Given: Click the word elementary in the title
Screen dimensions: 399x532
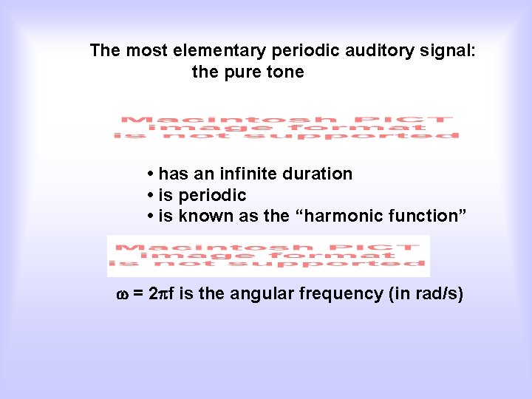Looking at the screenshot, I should tap(220, 51).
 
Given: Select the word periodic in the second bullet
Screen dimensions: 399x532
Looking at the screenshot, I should tap(212, 196).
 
